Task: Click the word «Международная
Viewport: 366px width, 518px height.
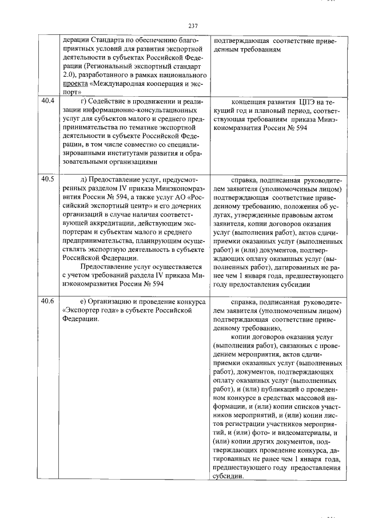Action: (x=124, y=83)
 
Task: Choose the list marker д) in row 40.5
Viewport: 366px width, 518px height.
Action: (x=85, y=179)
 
